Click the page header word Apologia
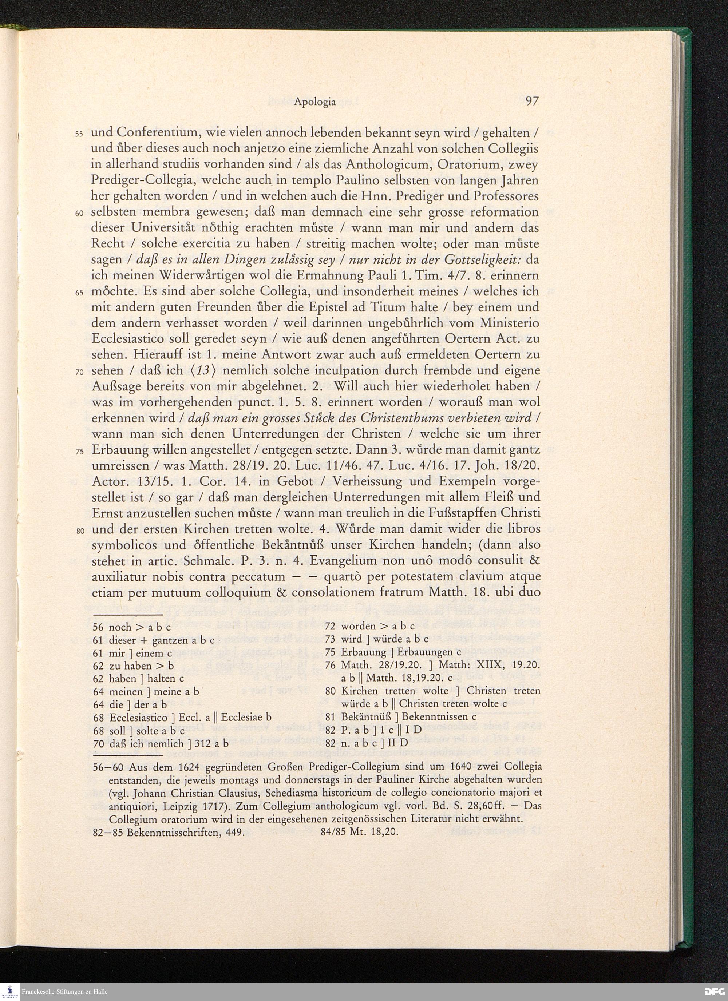(x=315, y=102)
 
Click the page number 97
(x=532, y=102)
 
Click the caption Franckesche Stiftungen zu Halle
(x=64, y=992)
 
